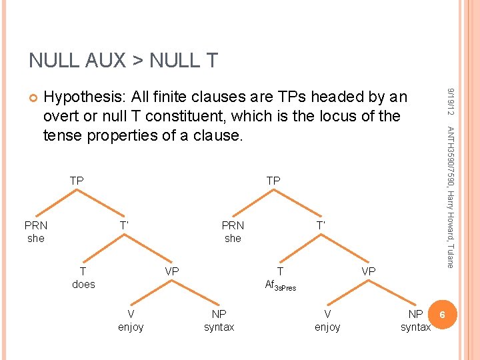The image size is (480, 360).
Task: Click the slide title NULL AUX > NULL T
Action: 123,61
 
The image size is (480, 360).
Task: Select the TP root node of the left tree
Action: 77,181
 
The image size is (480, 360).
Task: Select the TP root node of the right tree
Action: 273,181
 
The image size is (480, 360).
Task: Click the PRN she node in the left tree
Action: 36,231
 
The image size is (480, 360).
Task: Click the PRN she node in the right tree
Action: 233,231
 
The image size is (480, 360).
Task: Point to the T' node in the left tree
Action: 124,225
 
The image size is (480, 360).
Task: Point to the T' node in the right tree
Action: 321,225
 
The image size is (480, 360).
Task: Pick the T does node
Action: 83,278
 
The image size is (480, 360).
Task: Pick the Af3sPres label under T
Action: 280,285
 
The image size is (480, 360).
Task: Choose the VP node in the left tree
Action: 172,271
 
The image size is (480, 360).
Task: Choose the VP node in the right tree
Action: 369,271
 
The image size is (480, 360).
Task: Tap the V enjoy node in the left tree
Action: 131,320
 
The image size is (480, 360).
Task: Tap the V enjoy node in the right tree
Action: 327,320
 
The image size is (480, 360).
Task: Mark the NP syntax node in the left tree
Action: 219,320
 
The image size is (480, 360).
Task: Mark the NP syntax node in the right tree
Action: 415,320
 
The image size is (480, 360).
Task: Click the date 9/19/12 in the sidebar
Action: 451,100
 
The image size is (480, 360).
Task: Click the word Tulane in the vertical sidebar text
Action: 451,252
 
